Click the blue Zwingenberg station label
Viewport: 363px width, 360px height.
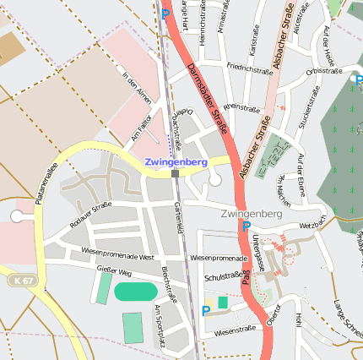click(176, 161)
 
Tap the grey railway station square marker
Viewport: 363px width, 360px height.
click(175, 173)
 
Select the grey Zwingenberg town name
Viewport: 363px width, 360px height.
click(251, 214)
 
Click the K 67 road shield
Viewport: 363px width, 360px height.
click(24, 280)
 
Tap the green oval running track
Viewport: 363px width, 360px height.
click(135, 292)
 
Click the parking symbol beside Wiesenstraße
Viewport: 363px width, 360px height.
click(206, 311)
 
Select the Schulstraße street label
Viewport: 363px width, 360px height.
click(225, 276)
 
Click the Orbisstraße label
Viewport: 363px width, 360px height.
click(324, 71)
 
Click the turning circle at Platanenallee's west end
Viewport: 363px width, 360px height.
click(17, 216)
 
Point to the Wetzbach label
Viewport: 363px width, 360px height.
click(312, 225)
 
